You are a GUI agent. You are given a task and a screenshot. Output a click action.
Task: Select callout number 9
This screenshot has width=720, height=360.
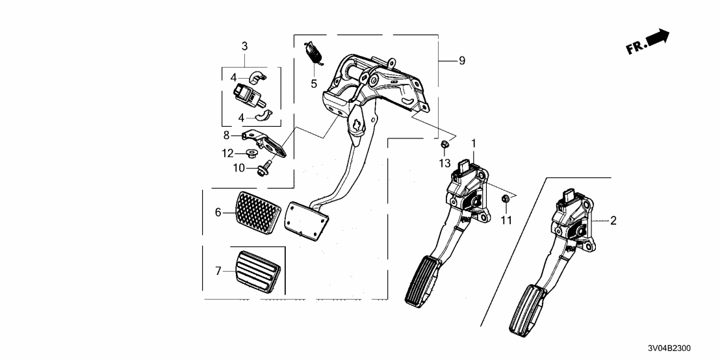(461, 60)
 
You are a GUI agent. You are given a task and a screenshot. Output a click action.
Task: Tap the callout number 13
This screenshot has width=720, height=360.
(444, 162)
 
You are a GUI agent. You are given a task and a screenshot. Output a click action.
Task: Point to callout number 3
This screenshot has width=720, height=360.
(244, 46)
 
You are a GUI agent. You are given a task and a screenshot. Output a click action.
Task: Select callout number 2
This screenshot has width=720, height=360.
(613, 221)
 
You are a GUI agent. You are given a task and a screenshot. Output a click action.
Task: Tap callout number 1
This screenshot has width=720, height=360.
(474, 143)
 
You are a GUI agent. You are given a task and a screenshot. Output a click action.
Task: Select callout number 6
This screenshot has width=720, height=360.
(219, 212)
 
